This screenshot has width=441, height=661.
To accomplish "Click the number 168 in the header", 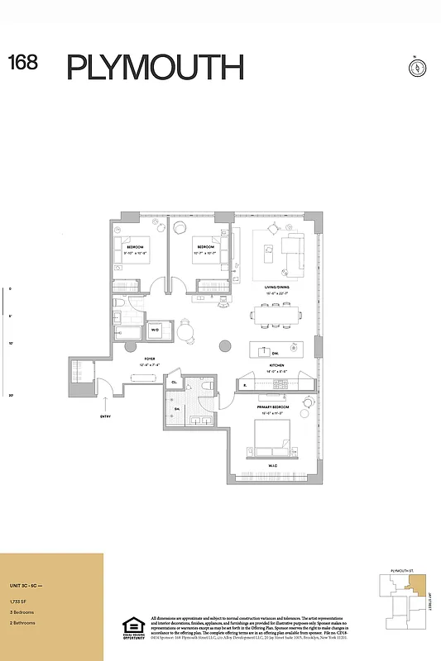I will (23, 63).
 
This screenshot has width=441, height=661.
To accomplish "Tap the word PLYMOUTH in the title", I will (155, 67).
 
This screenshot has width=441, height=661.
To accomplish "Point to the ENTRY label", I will (104, 416).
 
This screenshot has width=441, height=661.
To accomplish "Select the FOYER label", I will (150, 359).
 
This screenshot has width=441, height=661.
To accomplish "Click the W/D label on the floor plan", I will (154, 330).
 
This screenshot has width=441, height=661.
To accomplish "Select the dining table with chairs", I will (276, 315).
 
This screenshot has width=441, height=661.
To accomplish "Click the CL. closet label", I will (175, 382).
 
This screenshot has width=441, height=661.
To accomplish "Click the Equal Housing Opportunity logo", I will (133, 628).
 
